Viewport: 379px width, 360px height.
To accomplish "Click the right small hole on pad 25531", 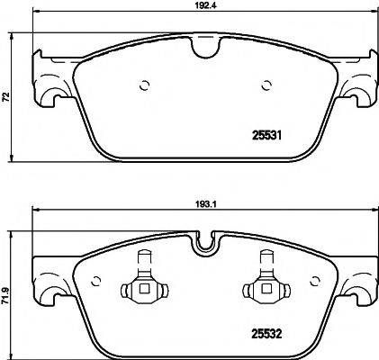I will coord(266,86).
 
